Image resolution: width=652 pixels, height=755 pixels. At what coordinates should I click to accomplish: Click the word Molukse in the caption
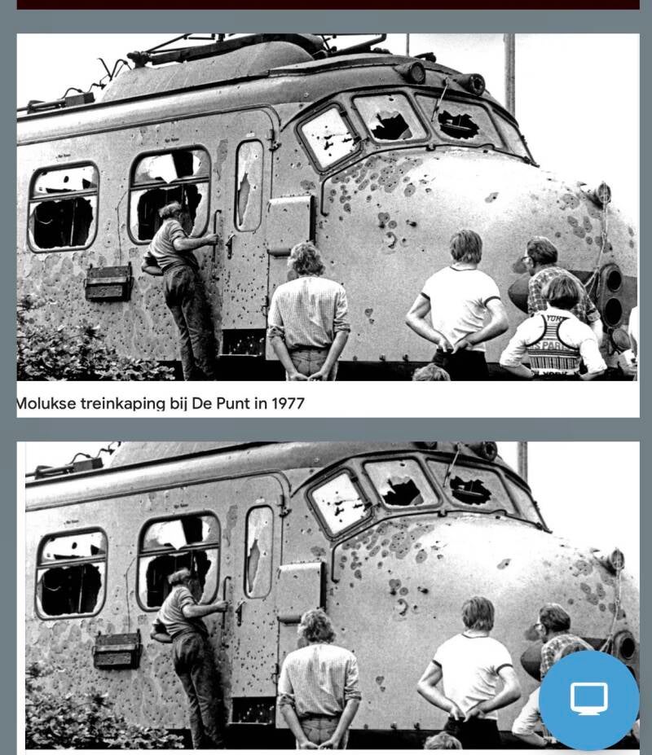(x=46, y=403)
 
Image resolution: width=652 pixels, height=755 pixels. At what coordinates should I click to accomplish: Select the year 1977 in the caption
(x=289, y=403)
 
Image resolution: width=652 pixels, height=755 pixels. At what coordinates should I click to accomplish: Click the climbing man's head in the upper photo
(x=173, y=213)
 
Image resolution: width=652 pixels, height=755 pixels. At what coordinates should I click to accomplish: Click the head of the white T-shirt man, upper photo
(x=466, y=247)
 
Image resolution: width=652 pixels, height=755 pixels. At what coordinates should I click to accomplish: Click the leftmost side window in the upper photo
(x=63, y=207)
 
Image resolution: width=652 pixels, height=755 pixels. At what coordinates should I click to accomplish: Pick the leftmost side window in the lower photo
(x=72, y=573)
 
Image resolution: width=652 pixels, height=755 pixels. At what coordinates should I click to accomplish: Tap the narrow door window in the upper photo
(x=249, y=186)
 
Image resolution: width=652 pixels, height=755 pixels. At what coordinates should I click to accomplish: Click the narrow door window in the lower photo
(x=259, y=552)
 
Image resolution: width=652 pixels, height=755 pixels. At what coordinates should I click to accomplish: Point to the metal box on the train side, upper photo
(x=108, y=283)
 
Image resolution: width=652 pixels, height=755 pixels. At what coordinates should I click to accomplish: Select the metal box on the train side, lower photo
(x=117, y=650)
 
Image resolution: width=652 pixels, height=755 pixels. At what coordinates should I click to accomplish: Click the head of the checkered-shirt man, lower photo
(x=316, y=627)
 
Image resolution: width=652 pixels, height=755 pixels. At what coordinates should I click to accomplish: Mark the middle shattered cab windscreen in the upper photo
(x=390, y=118)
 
